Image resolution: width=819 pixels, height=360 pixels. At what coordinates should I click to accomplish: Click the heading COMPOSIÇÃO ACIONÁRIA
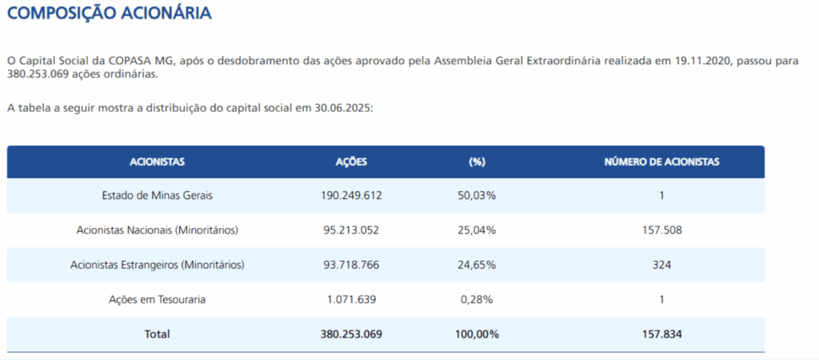click(110, 14)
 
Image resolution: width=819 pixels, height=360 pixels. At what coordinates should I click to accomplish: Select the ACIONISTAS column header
click(157, 162)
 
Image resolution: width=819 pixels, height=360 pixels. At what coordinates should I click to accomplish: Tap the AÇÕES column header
click(351, 162)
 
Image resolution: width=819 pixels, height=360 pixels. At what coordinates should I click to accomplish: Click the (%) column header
click(477, 162)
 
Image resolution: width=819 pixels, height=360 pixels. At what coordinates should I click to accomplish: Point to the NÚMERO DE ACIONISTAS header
click(661, 162)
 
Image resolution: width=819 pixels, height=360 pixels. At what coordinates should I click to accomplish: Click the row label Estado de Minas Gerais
click(157, 195)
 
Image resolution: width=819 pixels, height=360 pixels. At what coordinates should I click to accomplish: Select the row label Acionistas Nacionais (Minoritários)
click(157, 230)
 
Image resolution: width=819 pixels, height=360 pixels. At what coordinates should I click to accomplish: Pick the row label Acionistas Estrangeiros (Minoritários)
click(157, 265)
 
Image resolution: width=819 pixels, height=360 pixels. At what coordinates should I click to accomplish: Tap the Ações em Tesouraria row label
click(157, 299)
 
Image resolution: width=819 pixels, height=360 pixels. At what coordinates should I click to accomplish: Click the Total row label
click(157, 334)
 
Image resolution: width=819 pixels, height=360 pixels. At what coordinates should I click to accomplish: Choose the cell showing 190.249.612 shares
click(351, 195)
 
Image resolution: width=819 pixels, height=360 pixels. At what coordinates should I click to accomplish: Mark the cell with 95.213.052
click(351, 230)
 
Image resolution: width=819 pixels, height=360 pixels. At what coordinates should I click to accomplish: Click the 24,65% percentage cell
click(477, 265)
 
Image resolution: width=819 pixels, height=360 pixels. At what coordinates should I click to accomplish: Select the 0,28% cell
click(477, 299)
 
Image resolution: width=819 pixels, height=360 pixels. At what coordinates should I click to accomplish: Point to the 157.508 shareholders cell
click(661, 230)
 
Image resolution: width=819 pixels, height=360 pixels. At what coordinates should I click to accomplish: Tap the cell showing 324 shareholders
click(661, 265)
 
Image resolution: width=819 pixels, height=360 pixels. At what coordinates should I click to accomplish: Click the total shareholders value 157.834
click(661, 334)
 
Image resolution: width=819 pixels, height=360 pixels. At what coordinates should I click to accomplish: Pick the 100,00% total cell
click(477, 334)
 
